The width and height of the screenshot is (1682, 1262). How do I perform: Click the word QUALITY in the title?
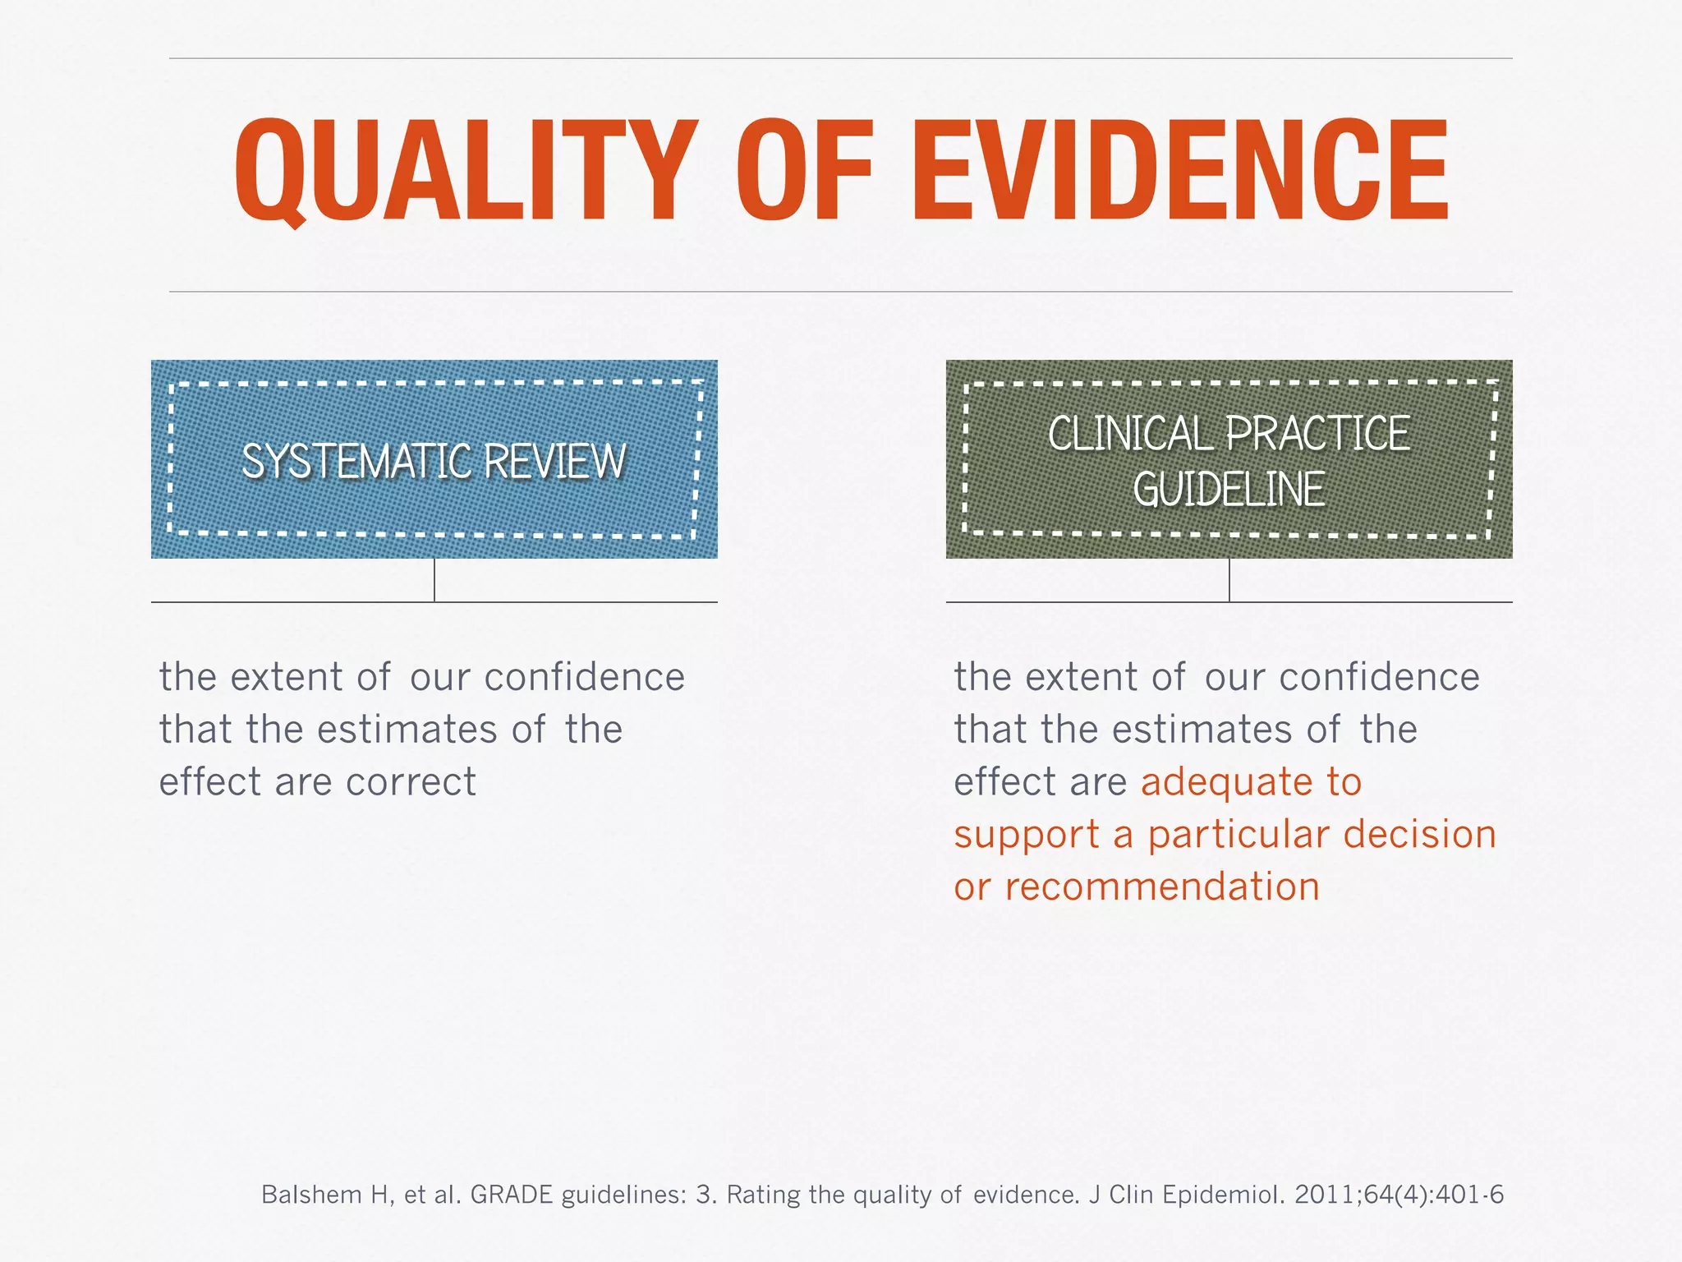466,171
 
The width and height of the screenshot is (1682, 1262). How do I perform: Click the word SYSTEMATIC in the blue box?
354,461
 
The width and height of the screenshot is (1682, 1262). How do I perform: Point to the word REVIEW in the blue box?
555,461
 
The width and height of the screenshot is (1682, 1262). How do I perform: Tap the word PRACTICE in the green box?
1317,434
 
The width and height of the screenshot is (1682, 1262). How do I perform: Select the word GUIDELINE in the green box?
1229,490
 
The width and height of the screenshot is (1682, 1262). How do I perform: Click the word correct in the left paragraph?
411,782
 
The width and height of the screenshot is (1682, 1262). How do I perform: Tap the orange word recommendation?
1162,887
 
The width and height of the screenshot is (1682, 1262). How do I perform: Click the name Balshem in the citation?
313,1195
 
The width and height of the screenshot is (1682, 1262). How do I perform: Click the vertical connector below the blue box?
434,580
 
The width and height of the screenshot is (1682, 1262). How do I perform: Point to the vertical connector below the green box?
1229,580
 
